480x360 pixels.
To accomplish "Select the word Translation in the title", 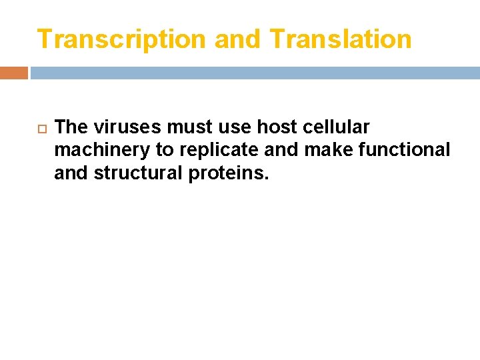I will pyautogui.click(x=341, y=39).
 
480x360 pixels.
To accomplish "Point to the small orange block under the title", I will pyautogui.click(x=14, y=73).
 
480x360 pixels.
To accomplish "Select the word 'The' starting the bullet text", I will pyautogui.click(x=71, y=127).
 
